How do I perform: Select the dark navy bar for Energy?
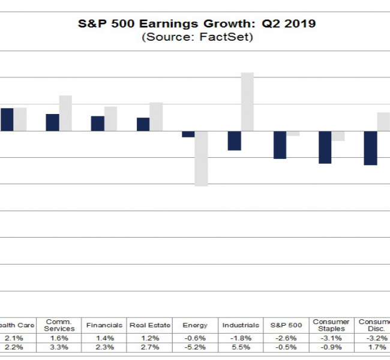pos(188,134)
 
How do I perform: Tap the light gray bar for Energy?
pos(201,158)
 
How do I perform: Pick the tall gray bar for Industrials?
pos(247,101)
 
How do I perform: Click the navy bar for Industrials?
pos(234,140)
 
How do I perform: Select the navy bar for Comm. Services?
pos(53,122)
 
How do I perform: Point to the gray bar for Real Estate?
pos(156,116)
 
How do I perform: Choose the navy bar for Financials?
pos(98,124)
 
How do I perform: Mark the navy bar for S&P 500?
pos(280,145)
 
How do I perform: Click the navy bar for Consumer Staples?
pos(325,147)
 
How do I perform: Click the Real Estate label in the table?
pos(150,325)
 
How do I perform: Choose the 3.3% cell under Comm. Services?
pos(59,346)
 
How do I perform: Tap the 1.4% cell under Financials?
pos(104,337)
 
